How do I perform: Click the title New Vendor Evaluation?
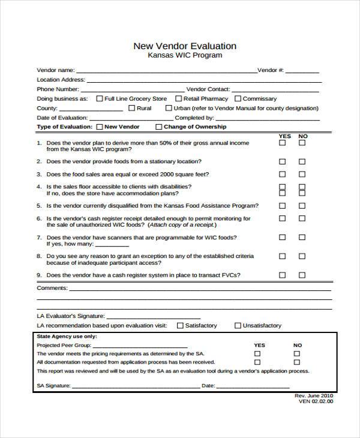tap(184, 46)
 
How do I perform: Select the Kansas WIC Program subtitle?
tap(185, 55)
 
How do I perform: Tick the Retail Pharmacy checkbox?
tap(179, 98)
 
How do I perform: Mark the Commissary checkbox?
tap(238, 98)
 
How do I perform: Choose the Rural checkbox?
tap(131, 109)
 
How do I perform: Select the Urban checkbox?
tap(169, 109)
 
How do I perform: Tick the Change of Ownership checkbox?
tap(158, 127)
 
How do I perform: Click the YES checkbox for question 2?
tap(282, 161)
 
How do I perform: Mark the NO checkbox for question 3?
tap(302, 175)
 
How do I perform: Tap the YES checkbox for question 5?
tap(282, 206)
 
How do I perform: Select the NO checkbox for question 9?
tap(302, 275)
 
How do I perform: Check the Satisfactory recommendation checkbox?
tap(179, 326)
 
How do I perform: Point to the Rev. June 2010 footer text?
tap(314, 396)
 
